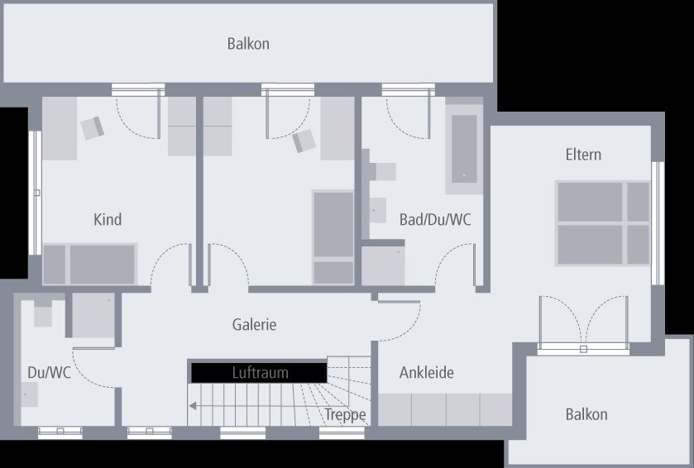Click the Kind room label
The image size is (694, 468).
(108, 219)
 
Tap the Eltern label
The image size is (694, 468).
(583, 155)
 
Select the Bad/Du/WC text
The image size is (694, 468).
(435, 219)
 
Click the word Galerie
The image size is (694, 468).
(254, 324)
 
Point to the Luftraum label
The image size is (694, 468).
(261, 372)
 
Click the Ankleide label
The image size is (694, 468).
(426, 372)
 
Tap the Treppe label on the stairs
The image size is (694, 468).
(345, 414)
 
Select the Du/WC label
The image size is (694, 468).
(49, 372)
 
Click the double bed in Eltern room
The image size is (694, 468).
(603, 223)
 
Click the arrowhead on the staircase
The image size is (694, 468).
(193, 406)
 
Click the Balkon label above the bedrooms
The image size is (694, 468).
(248, 44)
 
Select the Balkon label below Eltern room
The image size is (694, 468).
(586, 414)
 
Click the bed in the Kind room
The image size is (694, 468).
(90, 264)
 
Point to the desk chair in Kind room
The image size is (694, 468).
(93, 128)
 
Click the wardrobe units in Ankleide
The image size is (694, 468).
(445, 409)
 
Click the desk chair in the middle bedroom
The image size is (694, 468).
(304, 141)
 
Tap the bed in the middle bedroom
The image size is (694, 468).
(333, 237)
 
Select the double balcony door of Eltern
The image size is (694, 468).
(583, 324)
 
